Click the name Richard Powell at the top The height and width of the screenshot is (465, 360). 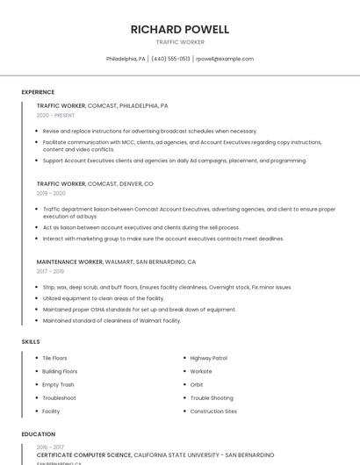[x=179, y=29]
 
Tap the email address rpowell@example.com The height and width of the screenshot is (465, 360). [x=225, y=59]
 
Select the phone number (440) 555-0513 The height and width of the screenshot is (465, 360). [x=170, y=59]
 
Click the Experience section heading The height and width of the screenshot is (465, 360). [x=38, y=92]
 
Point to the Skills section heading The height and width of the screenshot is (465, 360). [x=31, y=341]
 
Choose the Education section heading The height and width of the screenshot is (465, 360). [x=39, y=433]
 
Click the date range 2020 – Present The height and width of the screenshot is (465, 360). [x=55, y=115]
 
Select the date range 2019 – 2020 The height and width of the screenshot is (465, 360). [x=51, y=193]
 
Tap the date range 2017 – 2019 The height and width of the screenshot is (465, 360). [x=51, y=271]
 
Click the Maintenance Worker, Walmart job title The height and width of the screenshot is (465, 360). [x=116, y=261]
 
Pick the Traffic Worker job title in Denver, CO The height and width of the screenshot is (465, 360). [x=95, y=184]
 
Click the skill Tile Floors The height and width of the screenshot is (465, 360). [x=54, y=358]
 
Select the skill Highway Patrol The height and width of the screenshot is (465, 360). [x=209, y=358]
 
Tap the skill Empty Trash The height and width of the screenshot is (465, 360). [x=58, y=384]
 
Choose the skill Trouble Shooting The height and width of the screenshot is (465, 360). [x=212, y=397]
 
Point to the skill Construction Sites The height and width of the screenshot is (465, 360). [x=213, y=411]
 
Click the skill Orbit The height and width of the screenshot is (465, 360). [x=197, y=384]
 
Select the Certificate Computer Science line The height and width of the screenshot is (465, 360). [x=155, y=455]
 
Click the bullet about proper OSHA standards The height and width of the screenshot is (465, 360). [x=139, y=309]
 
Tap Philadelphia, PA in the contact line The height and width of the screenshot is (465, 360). [x=126, y=59]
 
